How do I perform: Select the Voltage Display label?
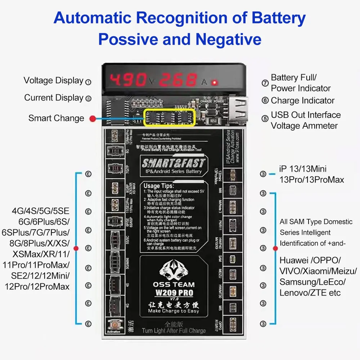click(53, 81)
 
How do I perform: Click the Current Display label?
click(54, 98)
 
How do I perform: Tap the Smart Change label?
click(56, 118)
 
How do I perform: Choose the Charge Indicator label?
click(302, 101)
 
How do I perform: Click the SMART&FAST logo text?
click(173, 164)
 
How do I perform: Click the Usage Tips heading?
click(157, 186)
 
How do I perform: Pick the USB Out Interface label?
click(306, 115)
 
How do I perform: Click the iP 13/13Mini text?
click(303, 168)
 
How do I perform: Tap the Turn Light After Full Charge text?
click(174, 330)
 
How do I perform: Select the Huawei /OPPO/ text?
click(310, 260)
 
